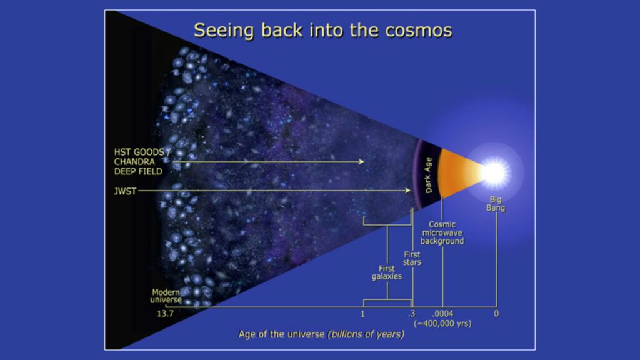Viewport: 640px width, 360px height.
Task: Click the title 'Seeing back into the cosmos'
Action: coord(323,31)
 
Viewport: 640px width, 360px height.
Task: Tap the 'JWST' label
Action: coord(125,191)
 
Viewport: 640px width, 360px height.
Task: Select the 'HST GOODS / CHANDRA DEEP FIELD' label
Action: coord(141,162)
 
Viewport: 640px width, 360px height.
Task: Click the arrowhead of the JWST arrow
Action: coord(407,190)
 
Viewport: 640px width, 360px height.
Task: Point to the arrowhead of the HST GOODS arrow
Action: coord(361,162)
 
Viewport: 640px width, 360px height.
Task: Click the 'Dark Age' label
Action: coord(428,175)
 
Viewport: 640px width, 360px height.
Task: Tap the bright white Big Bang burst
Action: coord(495,172)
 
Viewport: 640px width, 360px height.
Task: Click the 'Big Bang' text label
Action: coord(496,204)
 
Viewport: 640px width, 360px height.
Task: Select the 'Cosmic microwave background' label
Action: coord(442,232)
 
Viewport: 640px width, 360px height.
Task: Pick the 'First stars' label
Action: coord(412,258)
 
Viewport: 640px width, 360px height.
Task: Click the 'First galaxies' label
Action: coord(386,272)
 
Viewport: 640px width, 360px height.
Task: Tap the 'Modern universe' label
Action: coord(166,296)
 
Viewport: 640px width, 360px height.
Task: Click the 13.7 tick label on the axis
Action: coord(165,314)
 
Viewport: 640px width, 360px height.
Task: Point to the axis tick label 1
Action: coord(362,314)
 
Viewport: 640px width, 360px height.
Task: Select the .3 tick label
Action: coord(411,314)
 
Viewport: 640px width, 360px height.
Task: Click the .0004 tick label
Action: coord(443,314)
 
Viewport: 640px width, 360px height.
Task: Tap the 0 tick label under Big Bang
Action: coord(496,314)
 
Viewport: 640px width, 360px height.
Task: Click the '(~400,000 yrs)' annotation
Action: coord(443,324)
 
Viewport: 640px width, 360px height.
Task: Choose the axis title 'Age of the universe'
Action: coord(282,334)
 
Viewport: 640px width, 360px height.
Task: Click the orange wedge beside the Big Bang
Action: coord(455,172)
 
